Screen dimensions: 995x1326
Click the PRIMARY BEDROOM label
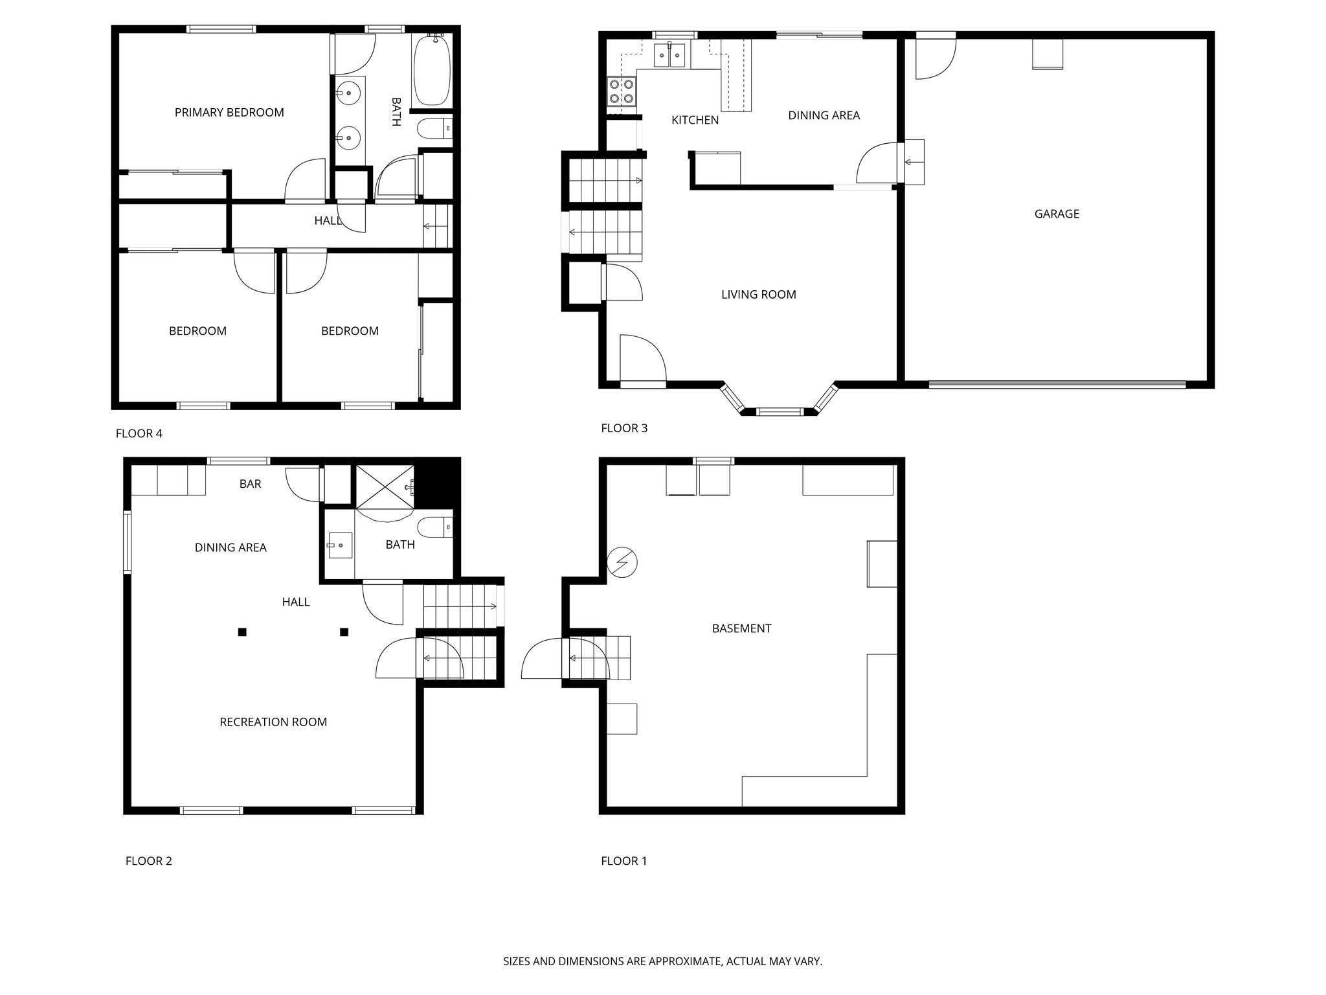[229, 113]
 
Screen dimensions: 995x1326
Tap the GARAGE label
[1057, 214]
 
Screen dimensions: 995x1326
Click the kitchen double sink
[669, 55]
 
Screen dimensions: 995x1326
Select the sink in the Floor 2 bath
[339, 545]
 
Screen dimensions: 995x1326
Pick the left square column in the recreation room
[242, 632]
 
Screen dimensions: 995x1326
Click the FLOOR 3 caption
[624, 428]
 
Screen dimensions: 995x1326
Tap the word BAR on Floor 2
[250, 484]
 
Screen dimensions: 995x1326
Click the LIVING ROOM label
[758, 295]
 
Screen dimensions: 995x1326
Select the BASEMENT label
[741, 628]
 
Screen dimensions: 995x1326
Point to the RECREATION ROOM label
[273, 722]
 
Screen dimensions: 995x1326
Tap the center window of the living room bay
[780, 411]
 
